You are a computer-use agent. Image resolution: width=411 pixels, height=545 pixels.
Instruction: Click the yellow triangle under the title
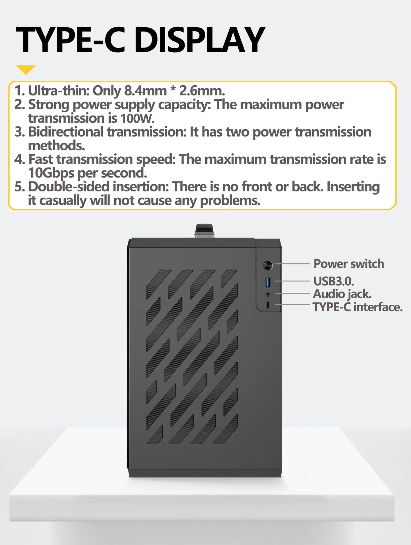tap(26, 69)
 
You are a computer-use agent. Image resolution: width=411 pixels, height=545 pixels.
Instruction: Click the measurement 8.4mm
tap(145, 91)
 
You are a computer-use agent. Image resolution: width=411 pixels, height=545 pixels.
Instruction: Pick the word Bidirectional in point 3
tap(66, 132)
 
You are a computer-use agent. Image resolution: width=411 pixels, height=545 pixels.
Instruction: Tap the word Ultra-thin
tap(59, 91)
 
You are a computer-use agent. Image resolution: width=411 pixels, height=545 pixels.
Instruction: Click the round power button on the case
tap(268, 265)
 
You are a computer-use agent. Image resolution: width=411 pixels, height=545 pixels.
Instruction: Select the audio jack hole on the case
tap(268, 294)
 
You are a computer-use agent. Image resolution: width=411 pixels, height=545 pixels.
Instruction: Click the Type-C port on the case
tap(268, 305)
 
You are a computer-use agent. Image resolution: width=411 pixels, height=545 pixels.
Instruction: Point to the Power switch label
tap(348, 264)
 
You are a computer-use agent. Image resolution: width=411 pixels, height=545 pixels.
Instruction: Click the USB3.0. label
tap(334, 281)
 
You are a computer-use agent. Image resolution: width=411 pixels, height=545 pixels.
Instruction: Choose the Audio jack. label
tap(342, 294)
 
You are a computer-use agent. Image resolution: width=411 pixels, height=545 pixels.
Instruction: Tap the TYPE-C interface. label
tap(358, 307)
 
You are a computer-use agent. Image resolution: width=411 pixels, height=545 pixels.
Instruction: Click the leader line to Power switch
tap(292, 264)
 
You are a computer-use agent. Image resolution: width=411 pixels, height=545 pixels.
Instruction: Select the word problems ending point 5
tap(230, 201)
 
